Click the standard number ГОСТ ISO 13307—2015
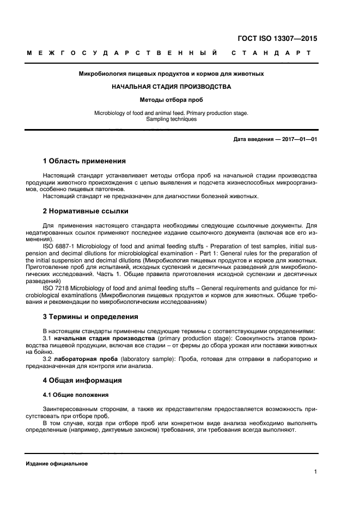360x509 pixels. [x=278, y=39]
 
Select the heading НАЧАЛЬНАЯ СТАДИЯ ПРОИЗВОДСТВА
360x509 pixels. [x=172, y=87]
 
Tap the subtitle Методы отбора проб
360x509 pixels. [x=172, y=100]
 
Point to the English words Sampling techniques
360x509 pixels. [x=172, y=119]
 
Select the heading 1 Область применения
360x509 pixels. [x=84, y=161]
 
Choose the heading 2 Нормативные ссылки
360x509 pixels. [x=86, y=211]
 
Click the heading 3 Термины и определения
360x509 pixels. [x=90, y=316]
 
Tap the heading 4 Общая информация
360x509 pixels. [x=82, y=380]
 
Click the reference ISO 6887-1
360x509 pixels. [x=59, y=246]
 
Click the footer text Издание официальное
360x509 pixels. [x=57, y=464]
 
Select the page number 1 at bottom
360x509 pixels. [x=315, y=472]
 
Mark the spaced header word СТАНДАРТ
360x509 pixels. [x=272, y=53]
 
